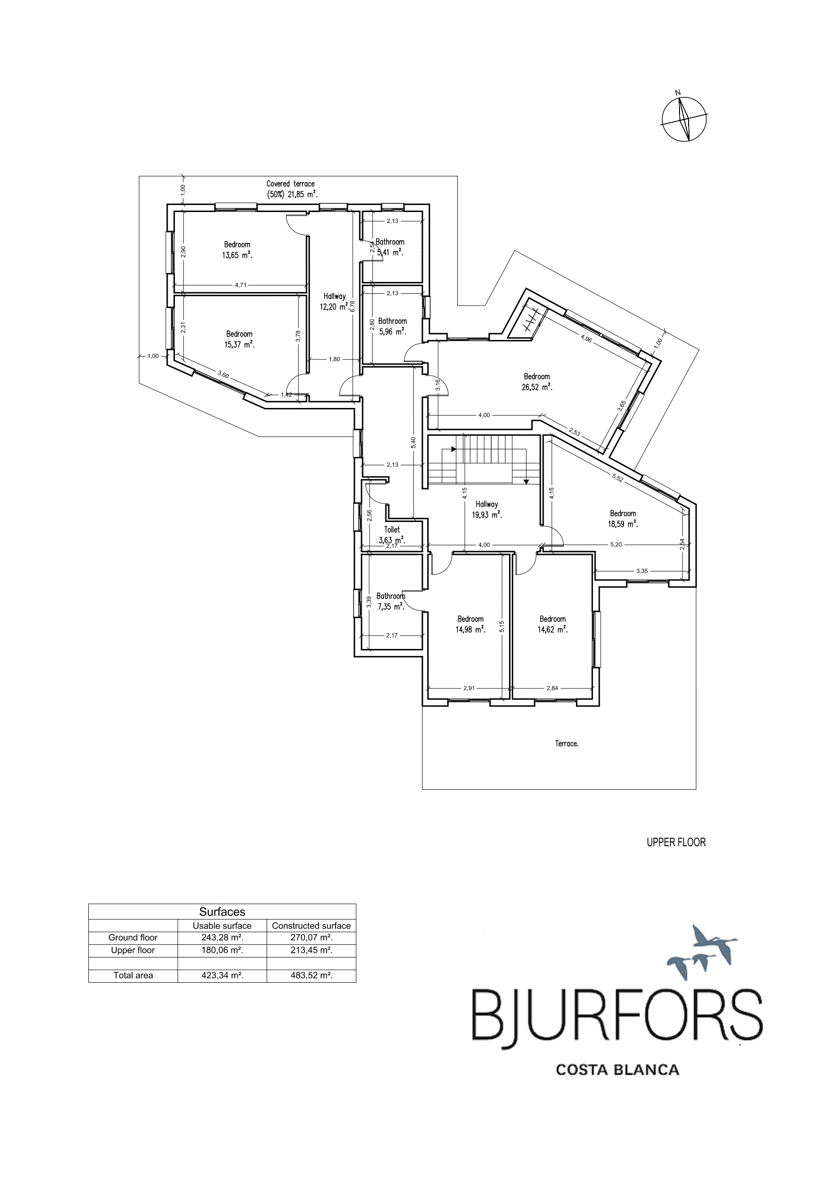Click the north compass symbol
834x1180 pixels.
(684, 118)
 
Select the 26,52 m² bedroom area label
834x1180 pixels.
(537, 387)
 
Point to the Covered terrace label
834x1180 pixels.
(290, 184)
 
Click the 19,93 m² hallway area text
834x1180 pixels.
(487, 514)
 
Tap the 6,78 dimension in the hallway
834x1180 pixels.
(353, 306)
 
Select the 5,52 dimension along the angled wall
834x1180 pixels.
(618, 477)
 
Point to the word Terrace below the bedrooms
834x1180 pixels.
(567, 743)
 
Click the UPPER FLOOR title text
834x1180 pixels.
(676, 842)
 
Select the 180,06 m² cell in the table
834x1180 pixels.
(222, 950)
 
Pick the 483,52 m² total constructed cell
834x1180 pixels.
(311, 976)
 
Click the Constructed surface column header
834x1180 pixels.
(311, 926)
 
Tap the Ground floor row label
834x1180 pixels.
(133, 938)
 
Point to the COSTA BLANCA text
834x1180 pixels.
(618, 1070)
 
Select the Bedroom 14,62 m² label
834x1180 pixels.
(553, 624)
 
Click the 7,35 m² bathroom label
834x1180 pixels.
(391, 601)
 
